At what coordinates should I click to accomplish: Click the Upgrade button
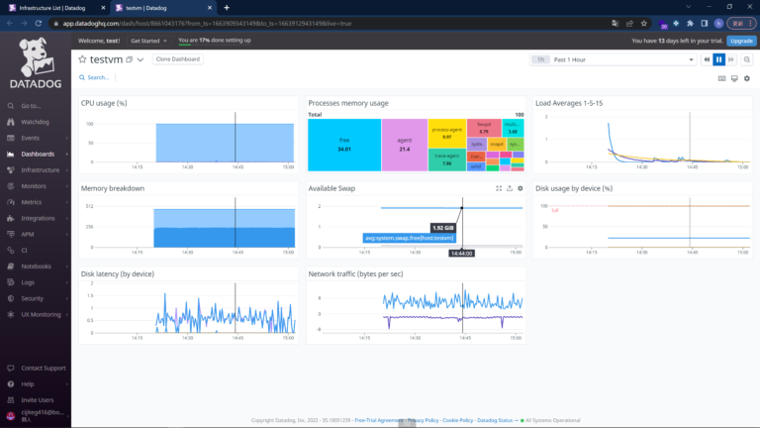[740, 41]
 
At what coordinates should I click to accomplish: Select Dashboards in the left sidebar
[38, 154]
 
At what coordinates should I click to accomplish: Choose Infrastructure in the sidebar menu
[41, 169]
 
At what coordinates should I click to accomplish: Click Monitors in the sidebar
[34, 185]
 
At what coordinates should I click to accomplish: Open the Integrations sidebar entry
[38, 218]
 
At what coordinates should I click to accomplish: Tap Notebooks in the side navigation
[36, 266]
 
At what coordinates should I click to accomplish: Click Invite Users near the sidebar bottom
[38, 399]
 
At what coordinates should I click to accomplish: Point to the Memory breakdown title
[113, 187]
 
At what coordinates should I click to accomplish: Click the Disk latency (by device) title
[118, 273]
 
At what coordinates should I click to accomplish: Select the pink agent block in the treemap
[404, 145]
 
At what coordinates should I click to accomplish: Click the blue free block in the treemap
[343, 145]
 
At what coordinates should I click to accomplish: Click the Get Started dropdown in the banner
[148, 41]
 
